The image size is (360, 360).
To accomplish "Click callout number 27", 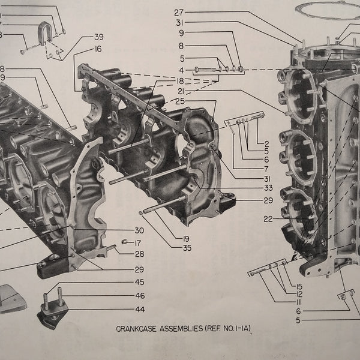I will click(x=179, y=12).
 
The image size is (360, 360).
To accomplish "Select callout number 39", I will click(x=98, y=38).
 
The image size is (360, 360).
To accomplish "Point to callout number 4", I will click(x=181, y=70).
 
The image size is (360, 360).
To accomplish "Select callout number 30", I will click(x=139, y=231).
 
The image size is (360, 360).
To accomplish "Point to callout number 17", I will click(x=138, y=242).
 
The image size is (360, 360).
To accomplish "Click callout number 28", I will click(x=139, y=253).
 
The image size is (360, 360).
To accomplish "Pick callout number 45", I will click(x=139, y=283).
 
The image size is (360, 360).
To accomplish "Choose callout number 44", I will click(x=139, y=310).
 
